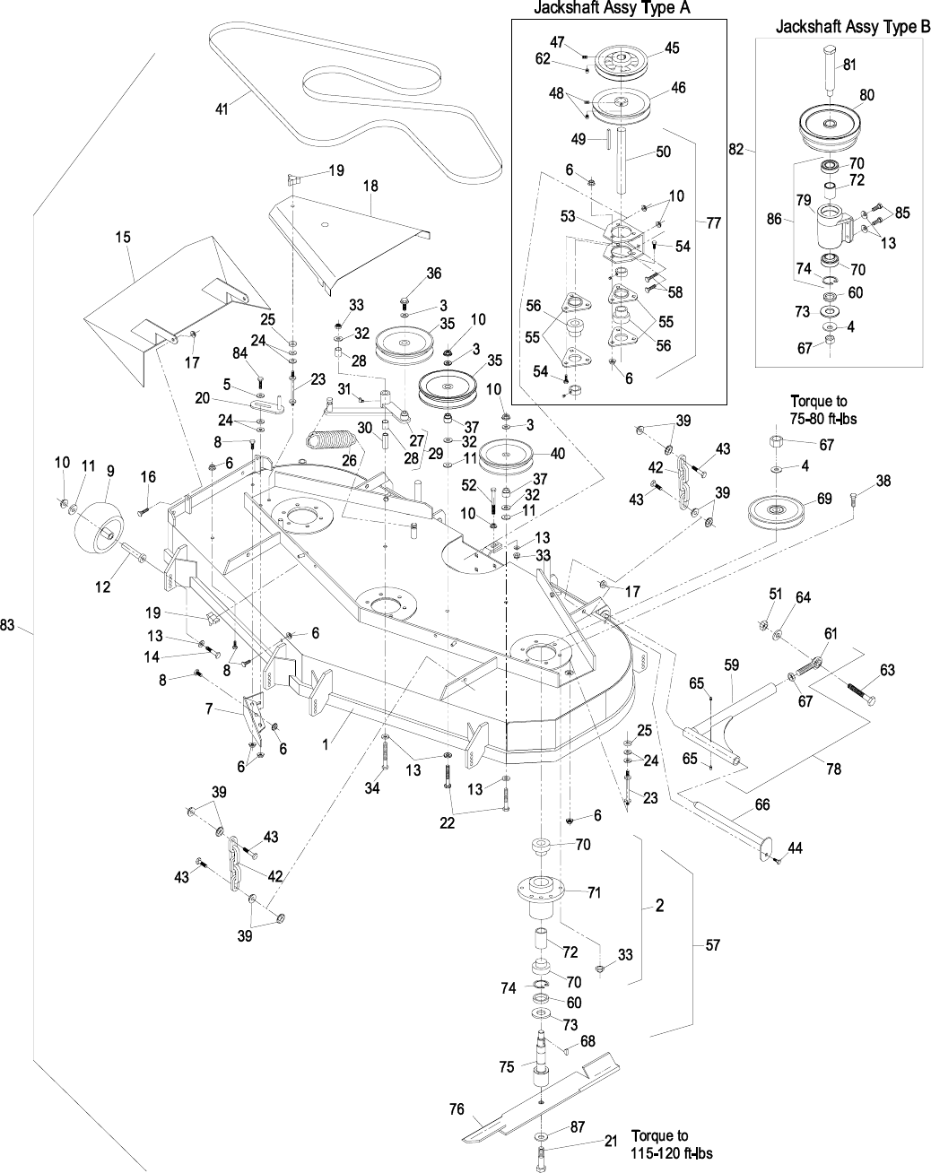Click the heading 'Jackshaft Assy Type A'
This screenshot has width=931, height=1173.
pos(617,8)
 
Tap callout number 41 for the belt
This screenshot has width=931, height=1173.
pos(222,109)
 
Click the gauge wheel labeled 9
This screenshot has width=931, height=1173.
pos(101,526)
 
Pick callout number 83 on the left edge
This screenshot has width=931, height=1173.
pos(8,626)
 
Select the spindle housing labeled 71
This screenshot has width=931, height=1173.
pos(544,896)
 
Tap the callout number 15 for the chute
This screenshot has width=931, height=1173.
pos(123,238)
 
